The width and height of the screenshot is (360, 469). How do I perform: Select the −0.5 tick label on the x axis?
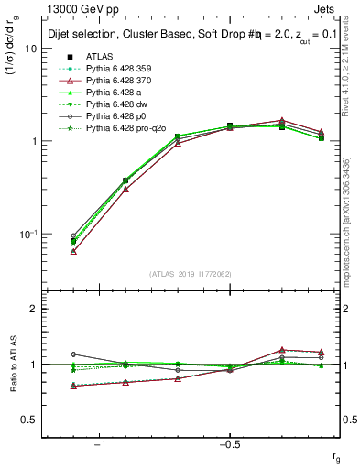point(228,444)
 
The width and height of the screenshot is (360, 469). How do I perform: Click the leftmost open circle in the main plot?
point(73,236)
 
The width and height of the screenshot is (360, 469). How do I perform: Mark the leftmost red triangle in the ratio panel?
point(73,386)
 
